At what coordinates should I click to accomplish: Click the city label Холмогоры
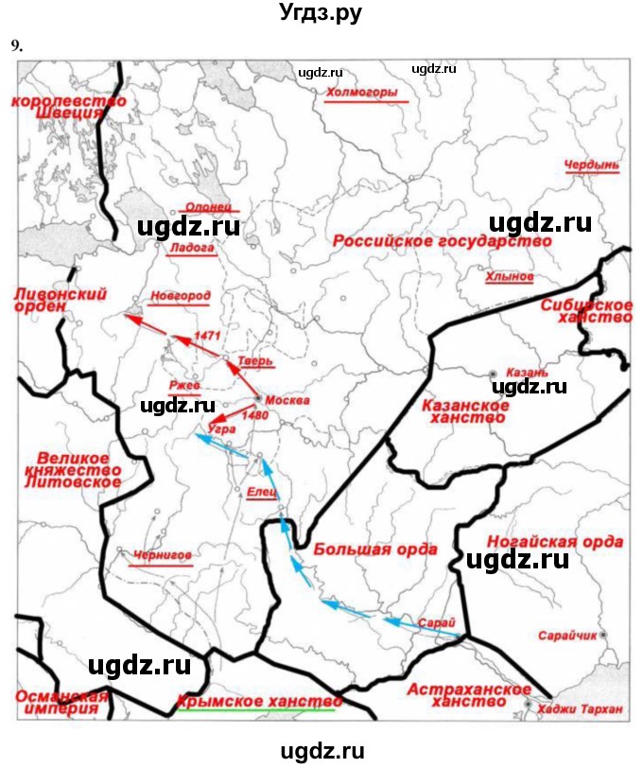tap(361, 93)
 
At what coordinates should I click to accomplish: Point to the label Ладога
tap(190, 248)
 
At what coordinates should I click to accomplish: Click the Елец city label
tap(262, 492)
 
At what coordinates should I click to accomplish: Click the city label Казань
tap(527, 373)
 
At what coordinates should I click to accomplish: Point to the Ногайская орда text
tap(555, 542)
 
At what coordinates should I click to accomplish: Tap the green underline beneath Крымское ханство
tap(255, 711)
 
